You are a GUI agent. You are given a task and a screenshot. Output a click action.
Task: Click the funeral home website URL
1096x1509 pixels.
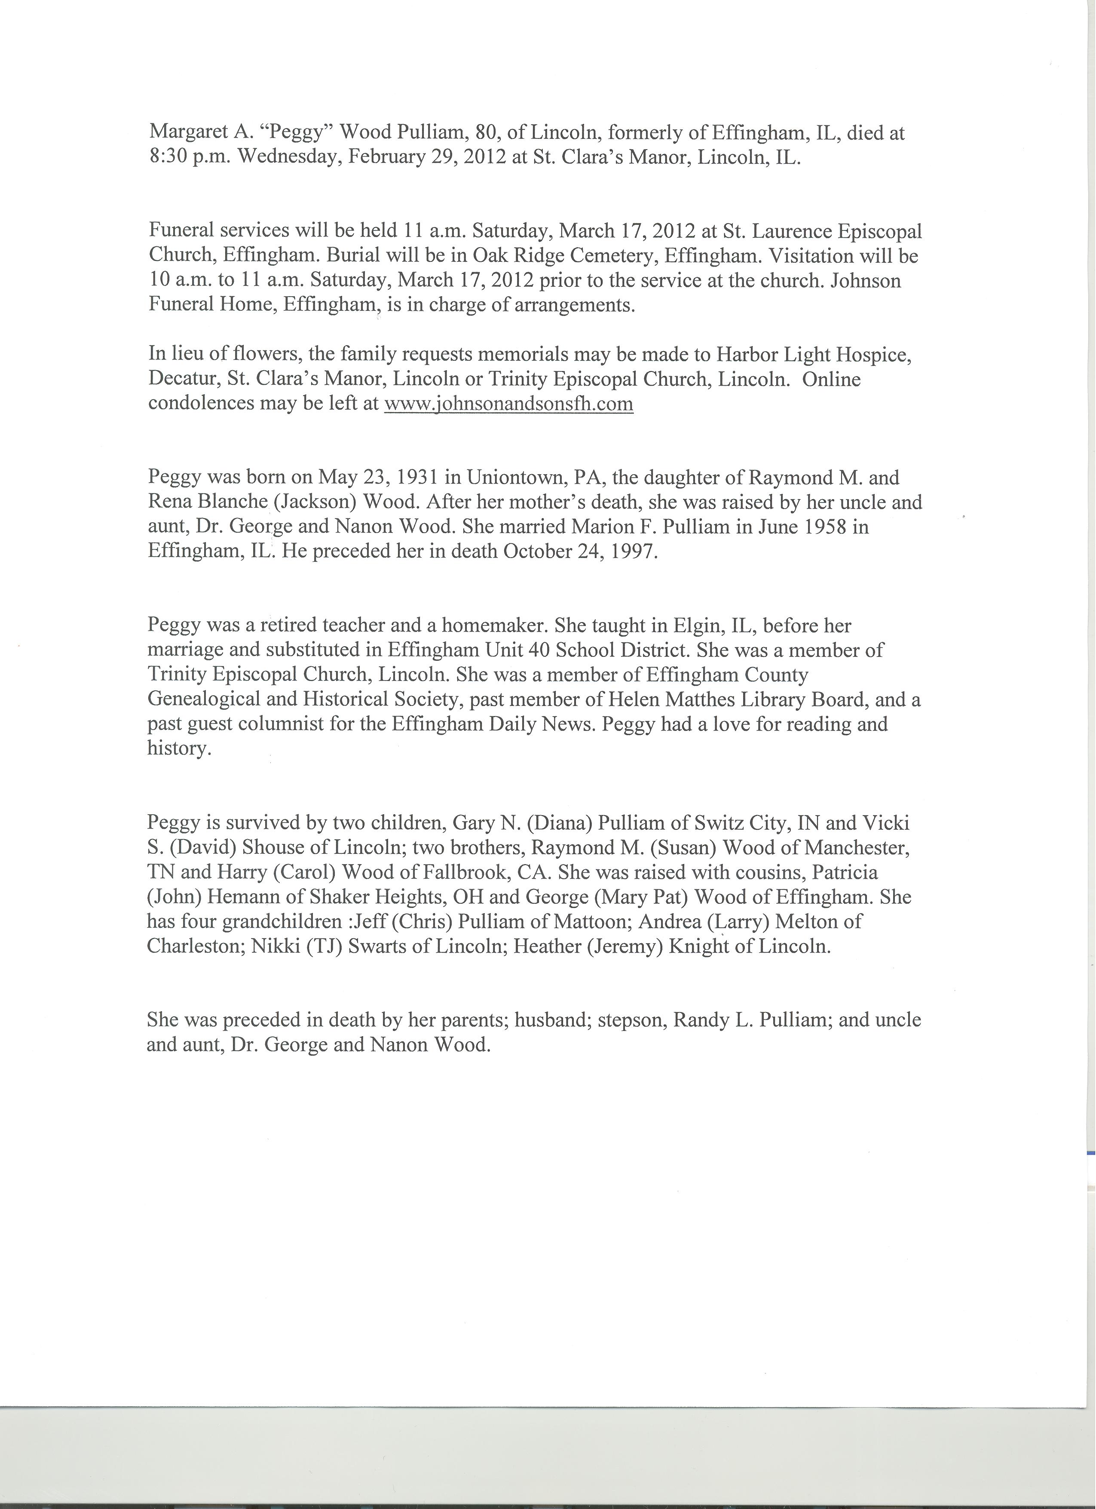509,404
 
